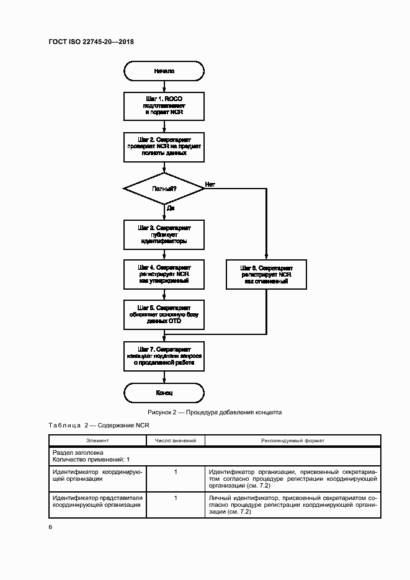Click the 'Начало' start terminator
point(164,71)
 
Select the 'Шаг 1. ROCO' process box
point(164,106)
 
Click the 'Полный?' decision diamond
point(164,187)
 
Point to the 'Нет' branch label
point(210,184)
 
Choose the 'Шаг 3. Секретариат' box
point(164,235)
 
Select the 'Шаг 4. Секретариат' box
point(164,274)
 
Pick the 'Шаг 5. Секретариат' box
point(164,315)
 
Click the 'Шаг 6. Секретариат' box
point(266,274)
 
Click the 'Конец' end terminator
point(164,393)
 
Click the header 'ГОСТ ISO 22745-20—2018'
point(91,42)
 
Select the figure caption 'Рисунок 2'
point(214,412)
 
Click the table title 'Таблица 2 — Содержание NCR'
point(99,425)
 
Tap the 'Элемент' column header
point(97,440)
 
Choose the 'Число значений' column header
point(176,440)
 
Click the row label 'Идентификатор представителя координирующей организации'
point(97,502)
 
